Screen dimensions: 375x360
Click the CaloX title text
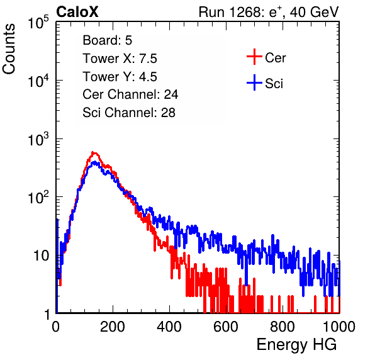click(77, 12)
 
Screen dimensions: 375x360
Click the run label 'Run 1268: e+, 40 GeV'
click(269, 12)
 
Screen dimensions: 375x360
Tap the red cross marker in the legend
click(254, 57)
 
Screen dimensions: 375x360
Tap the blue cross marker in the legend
click(254, 82)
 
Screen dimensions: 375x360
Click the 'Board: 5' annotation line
click(108, 40)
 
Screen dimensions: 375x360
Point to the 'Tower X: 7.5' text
click(120, 59)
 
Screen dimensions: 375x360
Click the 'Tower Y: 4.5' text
click(120, 77)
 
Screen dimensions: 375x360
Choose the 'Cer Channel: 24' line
click(130, 94)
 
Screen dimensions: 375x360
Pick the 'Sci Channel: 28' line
click(129, 113)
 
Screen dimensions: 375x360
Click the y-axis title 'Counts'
click(9, 49)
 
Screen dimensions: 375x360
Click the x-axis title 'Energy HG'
click(296, 344)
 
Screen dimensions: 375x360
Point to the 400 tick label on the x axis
click(169, 327)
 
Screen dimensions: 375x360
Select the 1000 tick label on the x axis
click(339, 327)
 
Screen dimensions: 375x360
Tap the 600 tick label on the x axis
click(226, 327)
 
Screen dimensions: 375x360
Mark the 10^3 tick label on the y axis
click(38, 138)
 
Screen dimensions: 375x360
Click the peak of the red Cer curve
click(94, 152)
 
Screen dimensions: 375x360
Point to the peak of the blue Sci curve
click(94, 162)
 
